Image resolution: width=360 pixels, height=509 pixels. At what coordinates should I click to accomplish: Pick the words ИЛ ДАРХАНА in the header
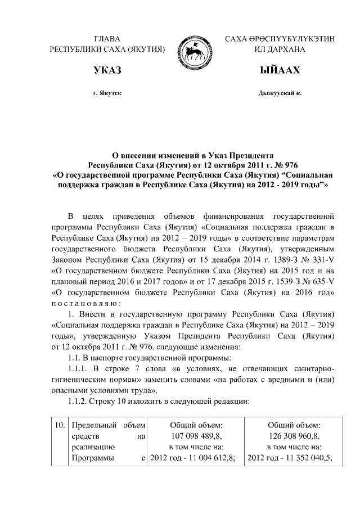click(x=280, y=49)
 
